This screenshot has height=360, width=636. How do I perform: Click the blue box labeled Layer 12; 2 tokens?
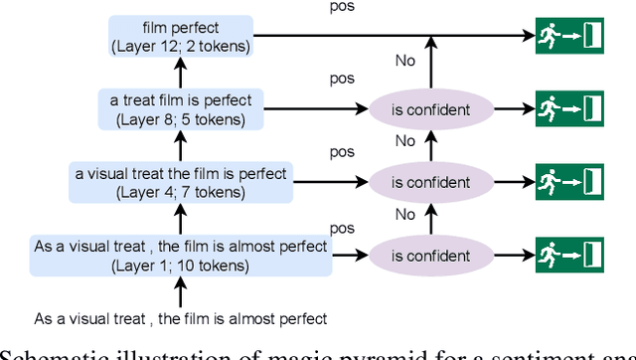[181, 35]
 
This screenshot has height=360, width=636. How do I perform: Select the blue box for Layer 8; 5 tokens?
[181, 108]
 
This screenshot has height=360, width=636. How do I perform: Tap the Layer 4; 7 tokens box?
[181, 182]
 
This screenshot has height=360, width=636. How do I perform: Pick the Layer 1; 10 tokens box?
[181, 257]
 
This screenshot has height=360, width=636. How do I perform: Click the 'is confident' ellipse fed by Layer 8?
[430, 108]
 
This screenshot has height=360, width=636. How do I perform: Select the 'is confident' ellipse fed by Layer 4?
[430, 182]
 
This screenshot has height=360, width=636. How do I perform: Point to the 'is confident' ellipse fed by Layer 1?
[430, 257]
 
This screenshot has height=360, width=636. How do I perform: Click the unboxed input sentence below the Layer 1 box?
[181, 318]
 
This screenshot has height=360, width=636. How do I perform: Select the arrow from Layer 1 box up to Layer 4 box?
[181, 219]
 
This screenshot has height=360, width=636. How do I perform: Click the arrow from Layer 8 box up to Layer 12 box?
[181, 72]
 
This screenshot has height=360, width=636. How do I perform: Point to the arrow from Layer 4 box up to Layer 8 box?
[181, 145]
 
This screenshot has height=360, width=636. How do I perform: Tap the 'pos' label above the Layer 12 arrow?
[343, 6]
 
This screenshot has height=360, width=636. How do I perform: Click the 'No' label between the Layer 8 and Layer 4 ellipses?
[404, 141]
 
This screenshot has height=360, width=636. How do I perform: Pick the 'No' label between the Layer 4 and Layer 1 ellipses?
[404, 214]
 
